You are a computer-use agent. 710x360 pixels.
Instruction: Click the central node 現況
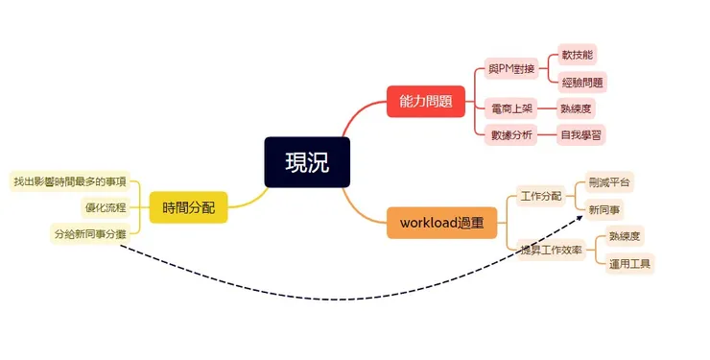click(307, 162)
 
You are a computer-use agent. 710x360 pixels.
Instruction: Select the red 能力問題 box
click(426, 101)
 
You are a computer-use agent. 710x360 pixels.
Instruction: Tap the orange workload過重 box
click(441, 223)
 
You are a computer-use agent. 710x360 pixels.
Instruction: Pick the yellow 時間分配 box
click(188, 206)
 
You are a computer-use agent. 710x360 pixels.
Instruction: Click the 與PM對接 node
click(512, 70)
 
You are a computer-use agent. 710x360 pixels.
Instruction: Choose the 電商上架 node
click(511, 108)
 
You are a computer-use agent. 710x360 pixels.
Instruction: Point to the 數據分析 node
click(511, 135)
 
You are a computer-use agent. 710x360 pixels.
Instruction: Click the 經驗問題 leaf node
click(583, 83)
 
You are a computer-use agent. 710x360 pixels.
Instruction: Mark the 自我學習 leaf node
click(583, 135)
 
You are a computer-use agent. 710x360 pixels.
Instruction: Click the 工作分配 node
click(540, 196)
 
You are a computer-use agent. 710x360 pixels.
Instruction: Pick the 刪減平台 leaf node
click(610, 181)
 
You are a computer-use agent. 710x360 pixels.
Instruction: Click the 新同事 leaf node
click(604, 208)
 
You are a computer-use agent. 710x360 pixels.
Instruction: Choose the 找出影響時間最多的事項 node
click(68, 180)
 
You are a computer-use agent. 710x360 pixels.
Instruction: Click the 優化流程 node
click(105, 206)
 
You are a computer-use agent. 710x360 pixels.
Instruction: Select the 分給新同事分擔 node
click(88, 232)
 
